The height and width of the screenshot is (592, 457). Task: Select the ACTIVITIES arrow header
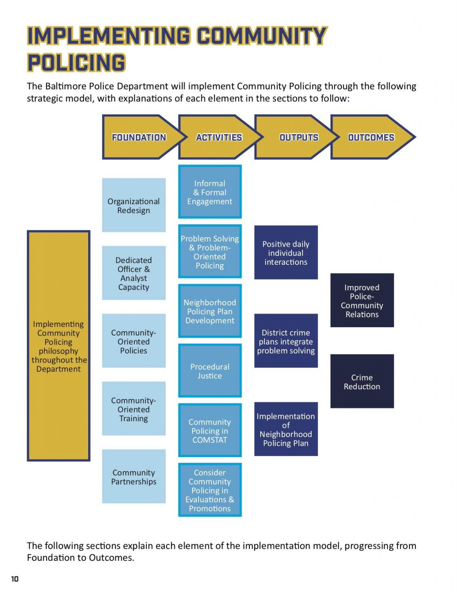click(x=219, y=137)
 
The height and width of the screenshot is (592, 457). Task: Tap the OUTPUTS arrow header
click(x=298, y=137)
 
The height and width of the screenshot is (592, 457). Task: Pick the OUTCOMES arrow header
click(x=371, y=137)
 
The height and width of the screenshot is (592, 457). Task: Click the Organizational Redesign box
click(x=134, y=205)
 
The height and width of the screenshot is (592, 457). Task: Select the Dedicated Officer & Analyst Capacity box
click(x=134, y=273)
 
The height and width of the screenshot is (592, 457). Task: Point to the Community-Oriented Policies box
click(x=134, y=341)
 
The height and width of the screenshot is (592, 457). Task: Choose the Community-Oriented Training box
click(x=134, y=409)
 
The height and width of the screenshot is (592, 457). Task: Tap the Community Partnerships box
click(x=134, y=477)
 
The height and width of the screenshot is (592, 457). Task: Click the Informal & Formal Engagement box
click(x=210, y=192)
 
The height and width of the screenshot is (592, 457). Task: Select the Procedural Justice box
click(x=210, y=371)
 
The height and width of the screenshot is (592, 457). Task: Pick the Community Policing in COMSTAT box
click(x=210, y=431)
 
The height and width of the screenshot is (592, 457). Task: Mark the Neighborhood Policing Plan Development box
click(x=210, y=311)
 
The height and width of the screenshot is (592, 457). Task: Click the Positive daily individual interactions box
click(x=286, y=253)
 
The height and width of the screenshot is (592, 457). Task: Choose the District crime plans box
click(x=286, y=341)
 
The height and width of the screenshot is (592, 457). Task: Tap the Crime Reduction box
click(x=362, y=382)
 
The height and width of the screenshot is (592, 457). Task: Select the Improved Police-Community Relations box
click(x=362, y=301)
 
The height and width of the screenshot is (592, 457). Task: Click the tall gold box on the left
click(x=59, y=346)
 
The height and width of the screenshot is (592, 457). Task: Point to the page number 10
click(x=15, y=579)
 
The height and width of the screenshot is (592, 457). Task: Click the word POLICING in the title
click(x=76, y=63)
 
